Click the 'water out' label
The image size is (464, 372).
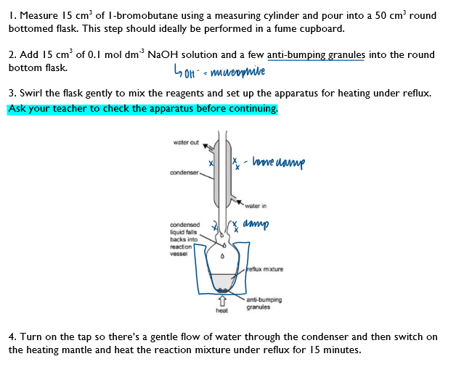pos(186,142)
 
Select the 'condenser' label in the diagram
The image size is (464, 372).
pos(184,173)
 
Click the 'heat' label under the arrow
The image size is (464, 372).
pos(221,310)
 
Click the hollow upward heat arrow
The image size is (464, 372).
pos(222,299)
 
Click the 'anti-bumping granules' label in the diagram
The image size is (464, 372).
pos(264,303)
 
